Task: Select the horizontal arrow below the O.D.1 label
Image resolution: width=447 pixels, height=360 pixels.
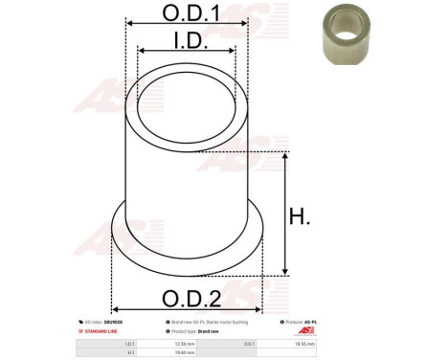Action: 187,27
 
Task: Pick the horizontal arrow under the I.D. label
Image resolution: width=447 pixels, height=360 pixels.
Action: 187,52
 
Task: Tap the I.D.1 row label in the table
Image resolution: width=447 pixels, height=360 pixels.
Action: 130,342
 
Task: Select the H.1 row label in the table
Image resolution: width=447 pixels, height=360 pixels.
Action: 130,351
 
